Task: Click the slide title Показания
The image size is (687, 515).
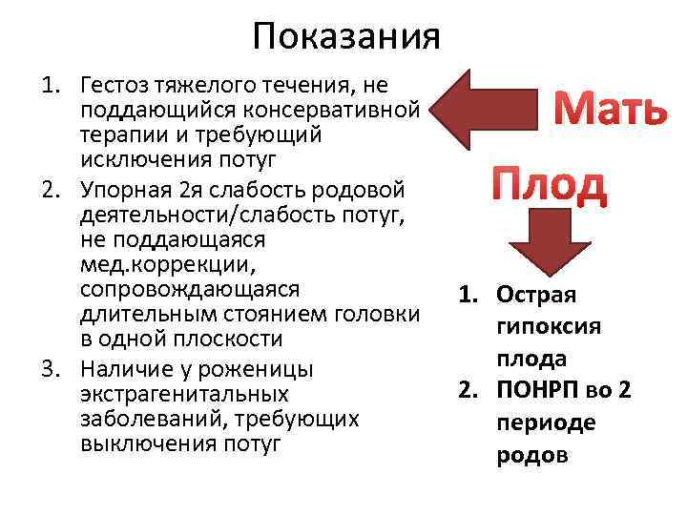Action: coord(346,37)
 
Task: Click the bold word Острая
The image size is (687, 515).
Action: coord(535,296)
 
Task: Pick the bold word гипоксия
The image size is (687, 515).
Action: coord(549,326)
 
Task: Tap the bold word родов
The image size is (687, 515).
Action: coord(532,455)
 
